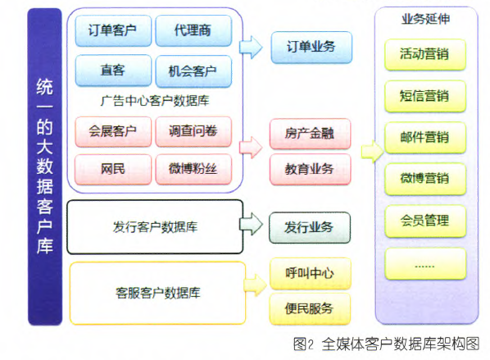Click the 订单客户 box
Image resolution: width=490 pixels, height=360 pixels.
click(113, 30)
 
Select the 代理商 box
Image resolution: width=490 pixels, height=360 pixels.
click(193, 30)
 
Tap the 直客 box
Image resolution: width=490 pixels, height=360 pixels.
click(113, 71)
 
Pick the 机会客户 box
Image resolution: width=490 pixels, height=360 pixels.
click(193, 71)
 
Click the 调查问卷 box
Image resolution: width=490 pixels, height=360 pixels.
click(193, 131)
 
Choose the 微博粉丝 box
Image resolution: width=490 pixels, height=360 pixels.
click(193, 169)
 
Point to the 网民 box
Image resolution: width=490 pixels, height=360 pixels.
click(113, 169)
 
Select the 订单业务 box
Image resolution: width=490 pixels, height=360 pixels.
click(311, 48)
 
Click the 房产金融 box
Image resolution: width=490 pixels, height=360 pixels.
click(310, 134)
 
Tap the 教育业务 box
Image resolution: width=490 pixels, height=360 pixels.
click(310, 169)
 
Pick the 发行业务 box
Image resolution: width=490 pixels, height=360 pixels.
click(310, 227)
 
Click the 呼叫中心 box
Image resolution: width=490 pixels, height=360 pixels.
click(310, 273)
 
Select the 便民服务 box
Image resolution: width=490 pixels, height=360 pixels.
click(310, 308)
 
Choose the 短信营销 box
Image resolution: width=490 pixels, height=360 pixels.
click(425, 96)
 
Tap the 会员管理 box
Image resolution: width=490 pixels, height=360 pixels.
click(425, 221)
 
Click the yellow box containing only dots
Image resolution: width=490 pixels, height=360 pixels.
click(425, 263)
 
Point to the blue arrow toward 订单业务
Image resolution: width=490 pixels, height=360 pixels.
click(251, 48)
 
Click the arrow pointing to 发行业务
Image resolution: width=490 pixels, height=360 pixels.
click(251, 224)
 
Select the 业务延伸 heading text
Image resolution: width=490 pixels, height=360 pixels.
click(425, 19)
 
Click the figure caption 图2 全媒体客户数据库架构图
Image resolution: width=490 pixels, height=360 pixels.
click(386, 344)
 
